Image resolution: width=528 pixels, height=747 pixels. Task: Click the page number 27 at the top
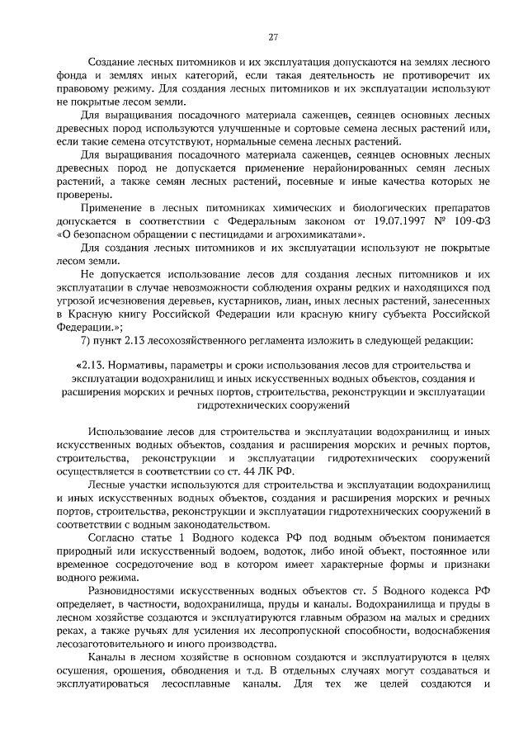point(272,36)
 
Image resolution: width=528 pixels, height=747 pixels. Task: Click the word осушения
point(83,671)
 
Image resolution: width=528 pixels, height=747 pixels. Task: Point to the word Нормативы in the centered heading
point(134,366)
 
